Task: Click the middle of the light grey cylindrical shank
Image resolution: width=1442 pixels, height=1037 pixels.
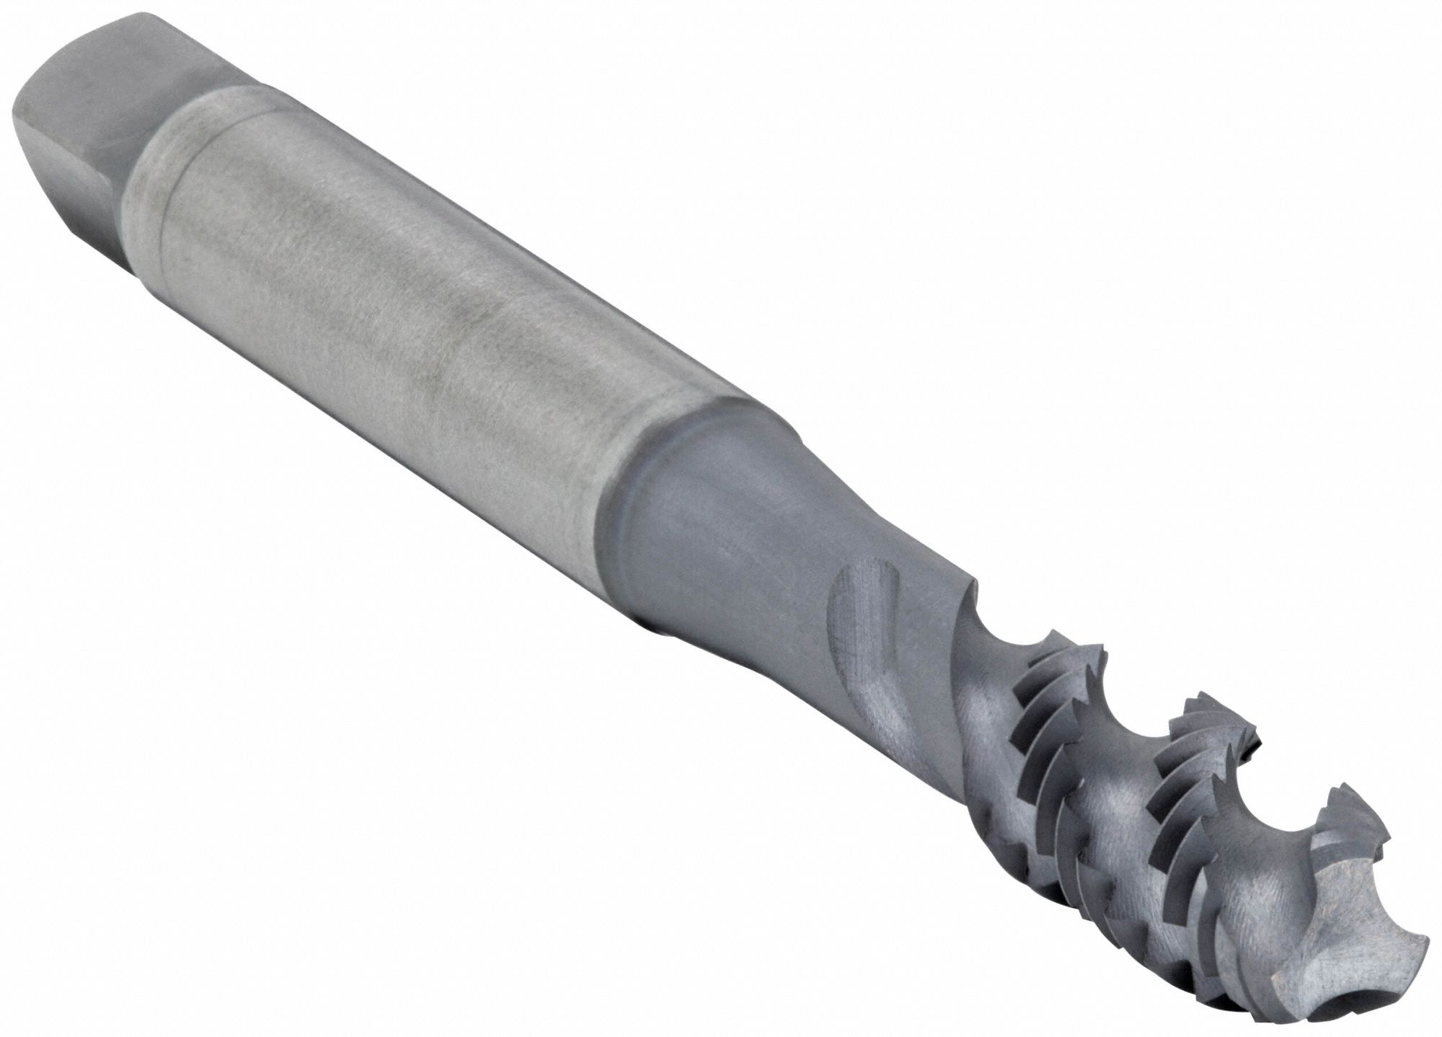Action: pyautogui.click(x=404, y=303)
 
